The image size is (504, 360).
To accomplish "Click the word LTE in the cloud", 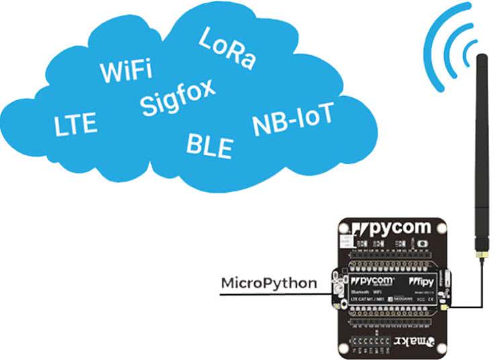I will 75,124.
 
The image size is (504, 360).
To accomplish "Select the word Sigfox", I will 178,97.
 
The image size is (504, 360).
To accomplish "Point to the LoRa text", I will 227,48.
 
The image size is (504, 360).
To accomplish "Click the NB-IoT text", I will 292,120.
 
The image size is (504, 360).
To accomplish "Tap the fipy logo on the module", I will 425,278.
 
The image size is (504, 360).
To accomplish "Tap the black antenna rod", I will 481,154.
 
